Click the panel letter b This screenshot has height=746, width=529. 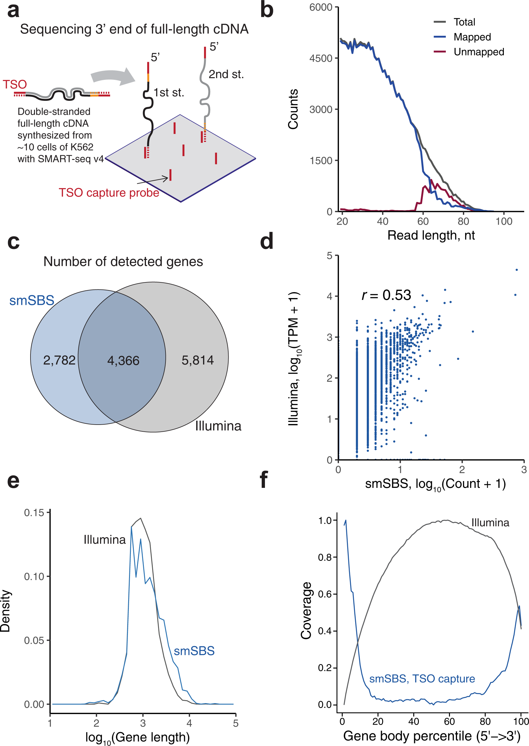coord(266,10)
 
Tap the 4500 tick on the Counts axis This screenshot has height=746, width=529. coord(321,59)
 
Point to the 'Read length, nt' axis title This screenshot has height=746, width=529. coord(431,235)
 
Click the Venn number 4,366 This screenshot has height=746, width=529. coord(123,360)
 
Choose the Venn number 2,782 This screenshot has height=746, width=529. coord(59,360)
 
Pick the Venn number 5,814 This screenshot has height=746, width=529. coord(197,360)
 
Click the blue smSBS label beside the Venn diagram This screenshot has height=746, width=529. coord(32,300)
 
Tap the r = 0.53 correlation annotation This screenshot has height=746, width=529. coord(386,295)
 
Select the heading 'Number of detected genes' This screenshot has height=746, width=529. coord(123,262)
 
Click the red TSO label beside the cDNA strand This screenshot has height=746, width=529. coord(15,85)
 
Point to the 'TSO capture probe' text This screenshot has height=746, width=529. coord(109,192)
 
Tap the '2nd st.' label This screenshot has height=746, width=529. coord(226,75)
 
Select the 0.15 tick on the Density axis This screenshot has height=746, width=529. coord(34,513)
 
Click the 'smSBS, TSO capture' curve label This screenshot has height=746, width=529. coord(422,679)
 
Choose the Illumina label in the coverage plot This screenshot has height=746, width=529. coord(490,523)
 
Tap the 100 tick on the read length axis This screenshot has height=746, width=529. coord(504,221)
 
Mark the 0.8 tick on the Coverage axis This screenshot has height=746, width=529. coord(325,557)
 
